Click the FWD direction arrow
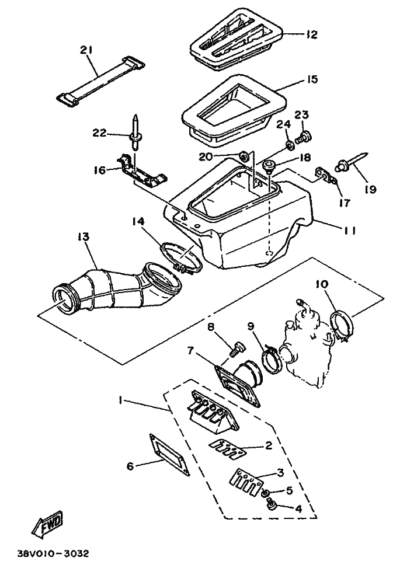click(x=47, y=524)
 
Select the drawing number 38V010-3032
click(x=52, y=554)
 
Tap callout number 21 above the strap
click(x=86, y=50)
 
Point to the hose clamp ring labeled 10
click(x=342, y=325)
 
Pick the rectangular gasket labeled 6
click(x=170, y=454)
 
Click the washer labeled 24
click(x=290, y=146)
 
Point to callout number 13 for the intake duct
click(x=83, y=237)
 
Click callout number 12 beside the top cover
click(x=311, y=34)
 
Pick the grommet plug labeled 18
click(x=269, y=165)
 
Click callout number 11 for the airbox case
click(x=349, y=231)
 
